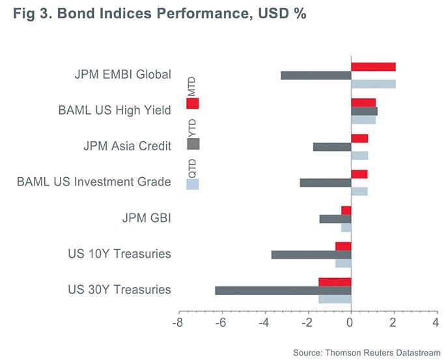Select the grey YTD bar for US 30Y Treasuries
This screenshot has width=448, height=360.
[283, 290]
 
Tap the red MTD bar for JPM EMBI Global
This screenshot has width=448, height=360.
[373, 66]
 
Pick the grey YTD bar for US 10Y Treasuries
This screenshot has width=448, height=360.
[311, 255]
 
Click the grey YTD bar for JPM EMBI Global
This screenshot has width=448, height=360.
[316, 75]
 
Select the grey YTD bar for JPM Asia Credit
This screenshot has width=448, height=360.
[332, 146]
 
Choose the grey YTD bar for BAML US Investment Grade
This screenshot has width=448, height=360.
[326, 182]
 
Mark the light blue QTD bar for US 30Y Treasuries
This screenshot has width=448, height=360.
[335, 299]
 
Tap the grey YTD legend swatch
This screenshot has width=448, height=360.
[193, 144]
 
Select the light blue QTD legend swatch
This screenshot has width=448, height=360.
[193, 184]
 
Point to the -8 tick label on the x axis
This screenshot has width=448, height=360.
[176, 323]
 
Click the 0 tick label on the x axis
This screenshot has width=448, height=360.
[351, 323]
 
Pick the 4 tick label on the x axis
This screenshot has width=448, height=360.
[436, 323]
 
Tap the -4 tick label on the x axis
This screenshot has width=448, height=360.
[263, 323]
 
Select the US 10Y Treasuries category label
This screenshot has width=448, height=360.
[119, 254]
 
